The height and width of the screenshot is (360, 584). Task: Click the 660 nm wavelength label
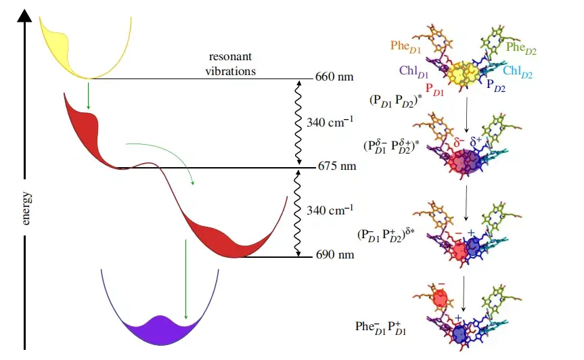click(334, 77)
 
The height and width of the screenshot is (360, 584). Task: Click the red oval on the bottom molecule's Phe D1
click(441, 298)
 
